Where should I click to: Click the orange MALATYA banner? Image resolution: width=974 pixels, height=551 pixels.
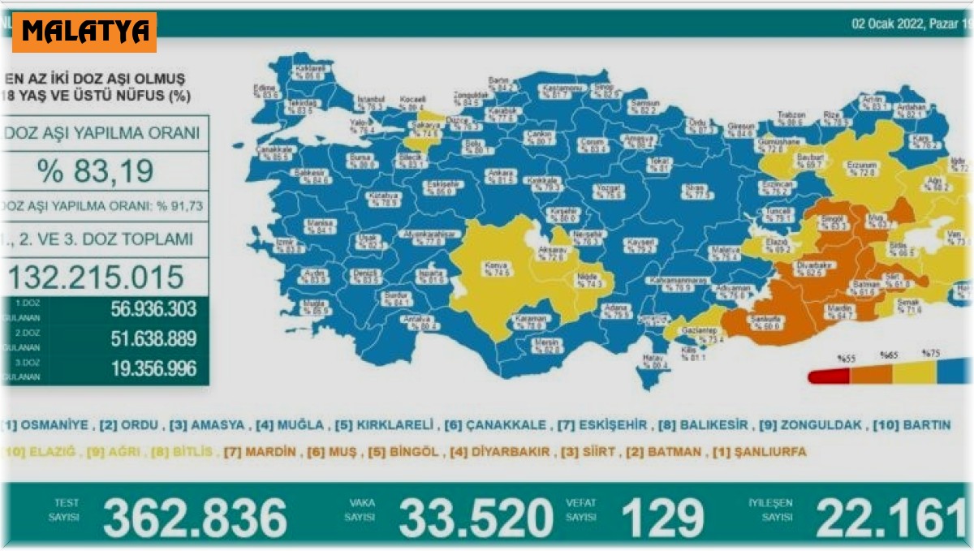coord(84,32)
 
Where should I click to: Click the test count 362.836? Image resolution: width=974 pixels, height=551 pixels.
coord(195,517)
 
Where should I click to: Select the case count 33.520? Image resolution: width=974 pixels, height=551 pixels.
coord(474,517)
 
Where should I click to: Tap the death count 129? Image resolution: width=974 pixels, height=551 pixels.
coord(662,517)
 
